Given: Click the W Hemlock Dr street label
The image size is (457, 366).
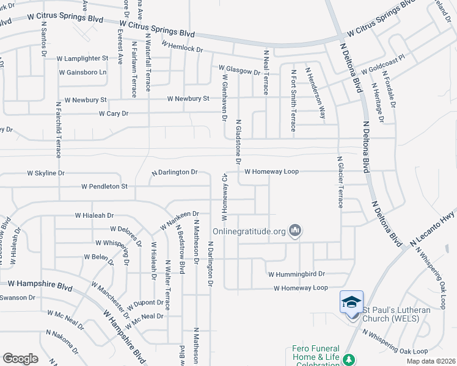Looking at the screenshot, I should pos(181,46).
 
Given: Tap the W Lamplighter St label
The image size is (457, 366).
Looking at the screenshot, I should pos(82,59).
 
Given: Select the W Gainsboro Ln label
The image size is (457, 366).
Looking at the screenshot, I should pos(82,72).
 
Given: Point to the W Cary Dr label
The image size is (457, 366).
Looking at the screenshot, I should pos(114,113).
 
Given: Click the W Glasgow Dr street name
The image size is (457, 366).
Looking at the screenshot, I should pos(239,70).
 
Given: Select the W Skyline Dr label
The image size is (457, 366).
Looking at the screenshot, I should pos(46,173).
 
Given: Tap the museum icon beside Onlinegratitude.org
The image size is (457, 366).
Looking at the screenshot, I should pos(297,231).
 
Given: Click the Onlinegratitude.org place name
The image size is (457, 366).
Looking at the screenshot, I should pos(249,232).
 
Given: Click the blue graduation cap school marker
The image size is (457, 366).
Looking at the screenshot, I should pos(351,303).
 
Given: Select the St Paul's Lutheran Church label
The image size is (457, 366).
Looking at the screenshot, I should pos(397,314).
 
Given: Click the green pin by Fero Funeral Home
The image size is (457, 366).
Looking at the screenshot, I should pos(349,361).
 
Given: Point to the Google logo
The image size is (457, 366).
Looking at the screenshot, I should pos(20,359).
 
